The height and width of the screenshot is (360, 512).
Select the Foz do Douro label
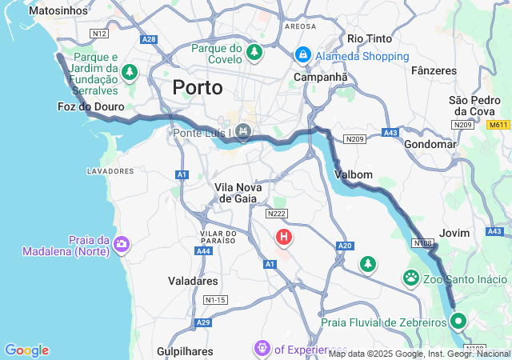click(91, 106)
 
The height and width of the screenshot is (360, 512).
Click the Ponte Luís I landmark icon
click(244, 131)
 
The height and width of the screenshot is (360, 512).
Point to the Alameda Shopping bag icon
click(303, 55)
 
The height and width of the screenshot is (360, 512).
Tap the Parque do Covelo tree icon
click(254, 53)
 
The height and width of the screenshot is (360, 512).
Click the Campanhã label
click(321, 77)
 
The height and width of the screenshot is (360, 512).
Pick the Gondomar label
click(430, 144)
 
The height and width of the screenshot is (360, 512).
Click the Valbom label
click(354, 174)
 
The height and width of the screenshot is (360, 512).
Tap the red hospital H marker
click(284, 237)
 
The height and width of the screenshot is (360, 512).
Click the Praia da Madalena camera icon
click(121, 245)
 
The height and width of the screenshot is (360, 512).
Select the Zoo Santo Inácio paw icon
click(411, 278)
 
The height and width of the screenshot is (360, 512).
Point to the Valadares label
click(193, 281)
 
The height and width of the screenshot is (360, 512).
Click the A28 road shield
click(149, 38)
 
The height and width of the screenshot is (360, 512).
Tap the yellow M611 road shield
click(498, 125)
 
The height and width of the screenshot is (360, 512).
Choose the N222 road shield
click(277, 214)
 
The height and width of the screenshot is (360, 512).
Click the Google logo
click(26, 350)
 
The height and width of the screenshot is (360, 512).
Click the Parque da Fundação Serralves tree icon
click(130, 72)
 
